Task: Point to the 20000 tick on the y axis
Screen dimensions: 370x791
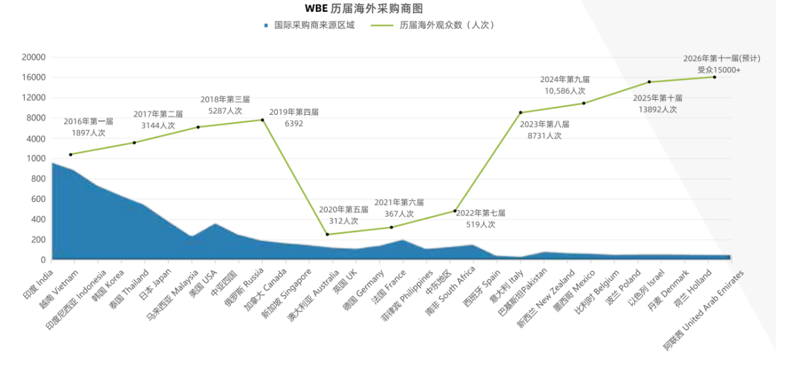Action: [x=33, y=57]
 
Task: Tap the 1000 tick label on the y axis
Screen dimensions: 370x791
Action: [x=36, y=159]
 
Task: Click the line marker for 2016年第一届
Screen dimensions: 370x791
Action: [x=71, y=154]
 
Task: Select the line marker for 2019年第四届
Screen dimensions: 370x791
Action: [x=263, y=120]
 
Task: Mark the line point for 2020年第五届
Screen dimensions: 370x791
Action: [x=327, y=234]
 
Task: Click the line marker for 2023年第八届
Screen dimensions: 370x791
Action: [x=520, y=113]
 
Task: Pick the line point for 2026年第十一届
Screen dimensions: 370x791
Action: [x=714, y=77]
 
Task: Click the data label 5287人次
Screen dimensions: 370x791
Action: [x=225, y=111]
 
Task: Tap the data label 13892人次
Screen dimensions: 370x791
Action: [x=657, y=110]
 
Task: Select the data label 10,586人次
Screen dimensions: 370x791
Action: [x=564, y=91]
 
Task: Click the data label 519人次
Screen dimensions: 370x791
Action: [x=480, y=224]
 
